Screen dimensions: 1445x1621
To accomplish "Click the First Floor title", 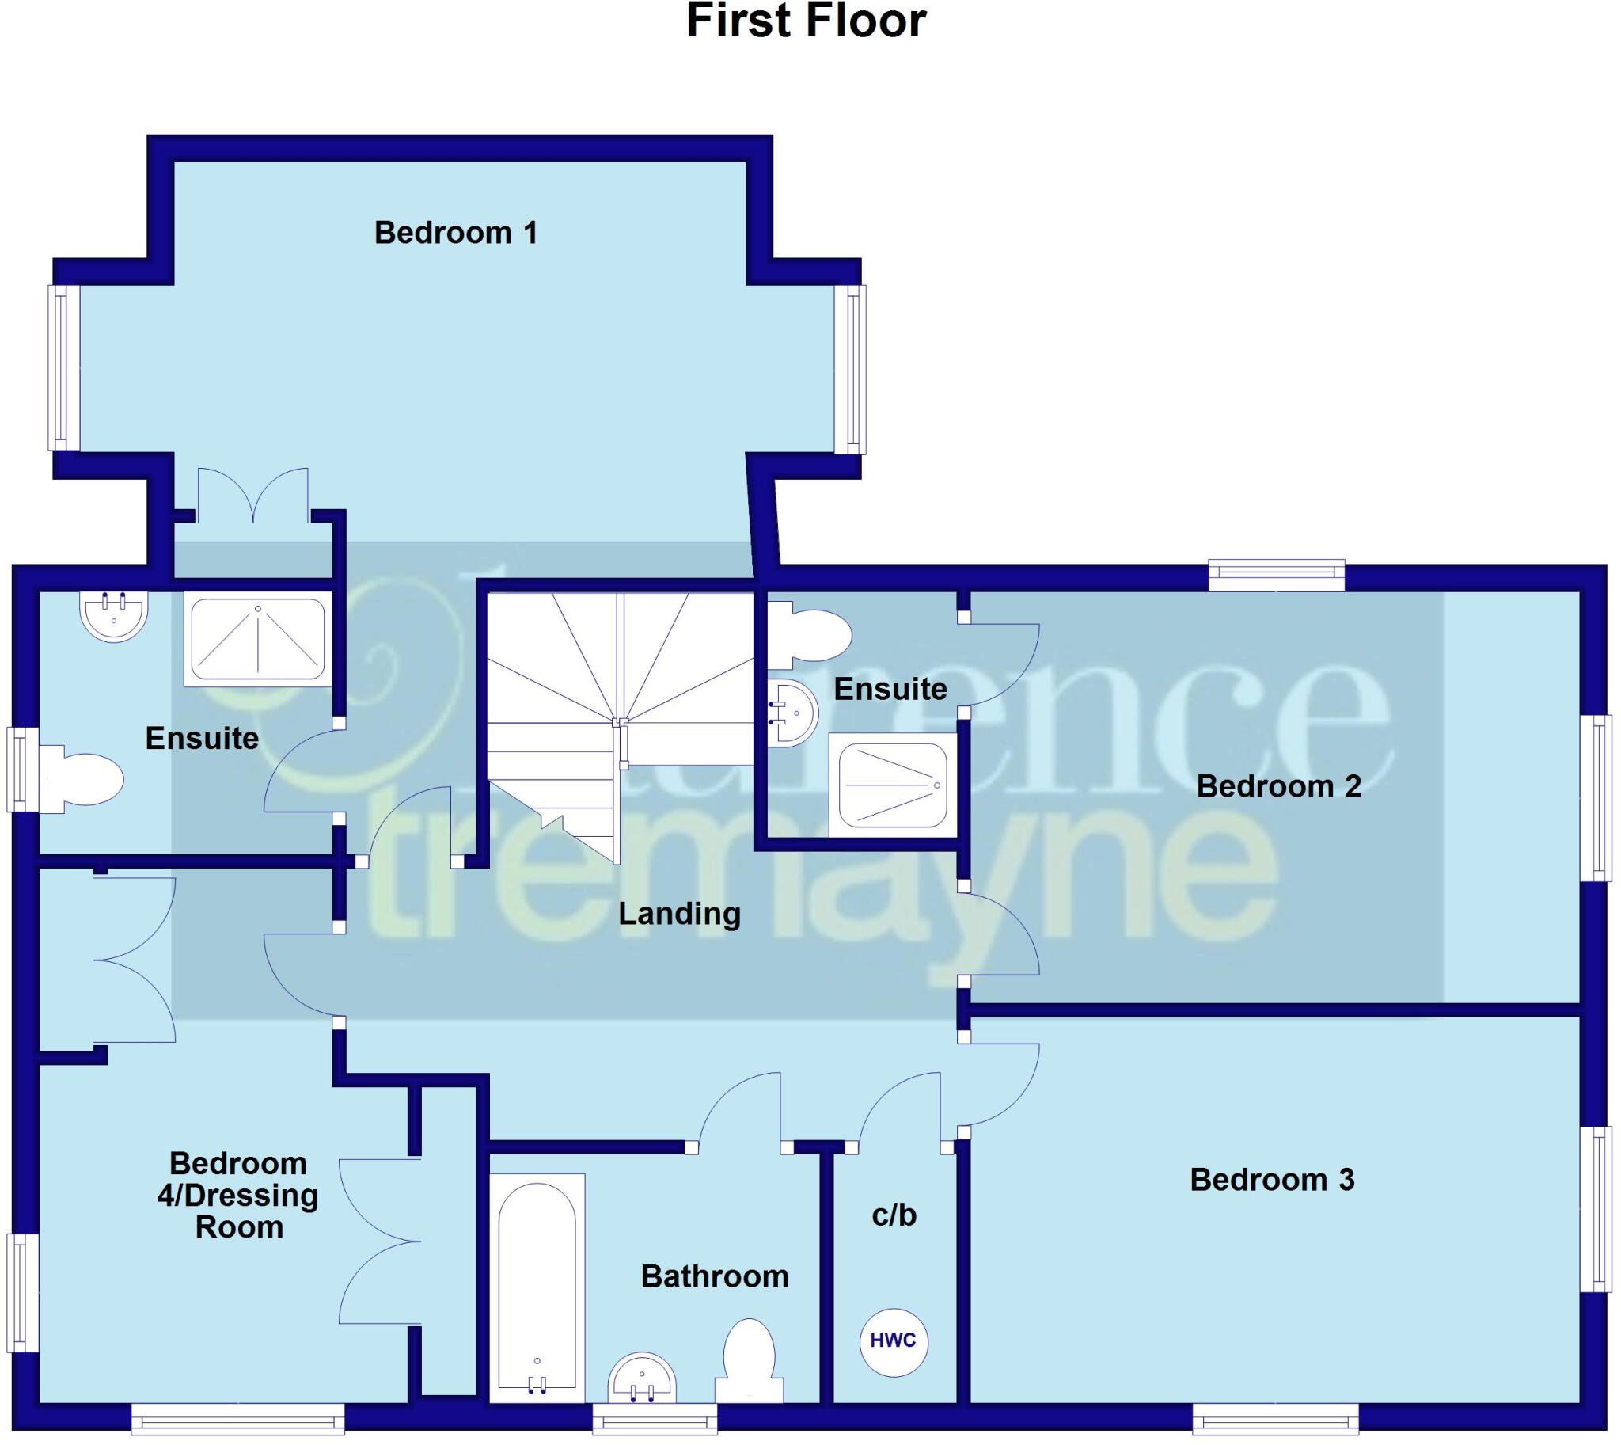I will (806, 21).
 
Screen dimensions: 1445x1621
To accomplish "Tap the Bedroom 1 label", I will (456, 233).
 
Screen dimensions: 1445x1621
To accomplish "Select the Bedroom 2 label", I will (1278, 786).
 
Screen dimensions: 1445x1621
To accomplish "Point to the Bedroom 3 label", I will (1272, 1179).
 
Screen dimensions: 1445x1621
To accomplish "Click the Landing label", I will (680, 913).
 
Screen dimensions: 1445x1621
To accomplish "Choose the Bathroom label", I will (715, 1276).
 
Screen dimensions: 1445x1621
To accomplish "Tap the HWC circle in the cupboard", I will (893, 1341).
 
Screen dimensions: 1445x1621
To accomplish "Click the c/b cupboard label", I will (894, 1214).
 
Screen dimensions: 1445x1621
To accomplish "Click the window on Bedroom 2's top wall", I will (1277, 575).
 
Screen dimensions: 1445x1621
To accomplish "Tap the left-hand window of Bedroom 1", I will (63, 367).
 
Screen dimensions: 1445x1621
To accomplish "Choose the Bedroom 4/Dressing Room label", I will (238, 1195).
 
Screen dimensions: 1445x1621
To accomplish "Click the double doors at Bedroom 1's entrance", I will (253, 496).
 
